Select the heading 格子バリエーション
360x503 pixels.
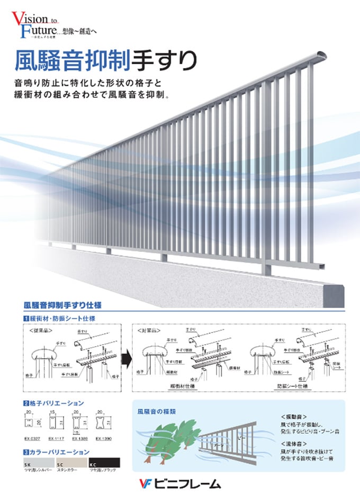pos(58,403)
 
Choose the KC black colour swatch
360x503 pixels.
pos(104,462)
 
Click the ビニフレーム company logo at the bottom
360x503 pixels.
pos(179,483)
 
